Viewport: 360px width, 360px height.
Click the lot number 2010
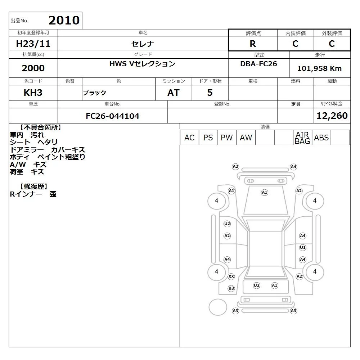pos(64,20)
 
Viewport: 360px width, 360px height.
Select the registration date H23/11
pos(33,44)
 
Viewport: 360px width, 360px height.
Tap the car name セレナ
pos(143,44)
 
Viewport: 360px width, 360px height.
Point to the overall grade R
pos(253,44)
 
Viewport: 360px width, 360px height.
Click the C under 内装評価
pos(295,44)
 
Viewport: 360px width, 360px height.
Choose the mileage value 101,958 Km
pos(319,68)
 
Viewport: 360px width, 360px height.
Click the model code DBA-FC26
pos(258,64)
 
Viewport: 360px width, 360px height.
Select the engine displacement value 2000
pos(33,68)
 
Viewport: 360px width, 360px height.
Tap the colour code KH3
pos(33,93)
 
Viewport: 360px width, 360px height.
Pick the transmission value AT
pos(174,93)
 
